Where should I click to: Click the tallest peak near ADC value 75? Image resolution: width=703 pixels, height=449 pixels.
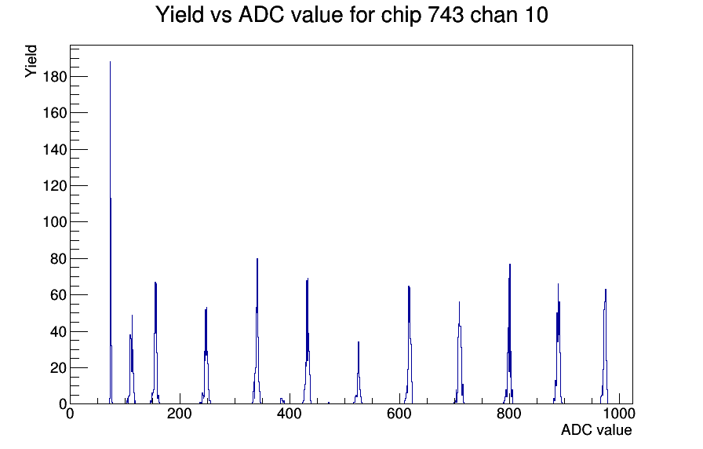click(x=111, y=233)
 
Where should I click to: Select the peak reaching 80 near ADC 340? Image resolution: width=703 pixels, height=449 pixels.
click(x=257, y=332)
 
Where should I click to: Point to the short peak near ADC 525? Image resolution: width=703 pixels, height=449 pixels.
click(x=359, y=373)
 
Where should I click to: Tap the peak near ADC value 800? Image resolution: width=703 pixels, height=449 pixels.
click(x=510, y=334)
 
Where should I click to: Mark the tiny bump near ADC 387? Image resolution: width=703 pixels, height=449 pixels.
click(x=282, y=400)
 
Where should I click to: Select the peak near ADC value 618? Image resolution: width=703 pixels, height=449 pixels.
click(x=410, y=345)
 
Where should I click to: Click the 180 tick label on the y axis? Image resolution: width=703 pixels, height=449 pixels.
click(x=54, y=77)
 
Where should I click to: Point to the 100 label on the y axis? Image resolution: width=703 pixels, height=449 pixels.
click(x=54, y=222)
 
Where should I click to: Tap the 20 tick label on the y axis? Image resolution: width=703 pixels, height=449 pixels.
click(x=58, y=368)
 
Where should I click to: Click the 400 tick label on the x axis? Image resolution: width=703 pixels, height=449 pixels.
click(x=290, y=414)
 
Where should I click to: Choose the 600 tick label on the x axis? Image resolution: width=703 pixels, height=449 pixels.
click(x=399, y=414)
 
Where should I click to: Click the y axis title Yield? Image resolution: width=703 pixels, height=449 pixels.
click(x=31, y=61)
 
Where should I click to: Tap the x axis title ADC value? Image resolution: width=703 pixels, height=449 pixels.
click(x=596, y=430)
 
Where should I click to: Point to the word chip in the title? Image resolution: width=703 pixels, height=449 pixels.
click(x=401, y=16)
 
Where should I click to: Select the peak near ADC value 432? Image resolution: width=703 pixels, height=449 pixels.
click(x=307, y=341)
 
